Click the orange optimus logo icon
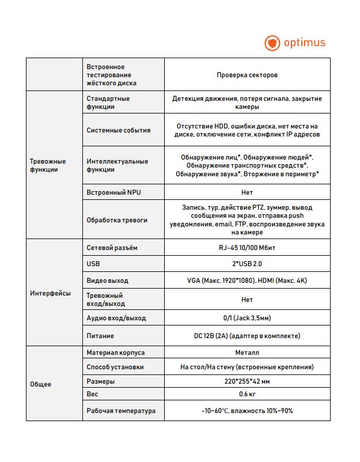tap(272, 43)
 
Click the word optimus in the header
tap(304, 43)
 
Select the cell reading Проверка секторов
tap(247, 75)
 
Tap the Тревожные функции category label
tap(48, 165)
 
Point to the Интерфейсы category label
tap(50, 293)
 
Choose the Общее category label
tap(40, 384)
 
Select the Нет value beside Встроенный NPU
tap(247, 192)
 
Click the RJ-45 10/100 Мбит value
tap(247, 248)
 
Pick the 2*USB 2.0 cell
tap(247, 263)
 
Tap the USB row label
tap(93, 263)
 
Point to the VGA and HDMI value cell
tap(247, 281)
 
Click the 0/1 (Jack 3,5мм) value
tap(247, 318)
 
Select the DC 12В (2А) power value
tap(247, 336)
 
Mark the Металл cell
tap(247, 353)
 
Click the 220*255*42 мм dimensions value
tap(247, 381)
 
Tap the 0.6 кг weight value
tap(247, 395)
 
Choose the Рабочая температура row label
tap(121, 411)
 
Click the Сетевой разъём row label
tap(112, 248)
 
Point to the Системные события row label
tap(119, 130)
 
